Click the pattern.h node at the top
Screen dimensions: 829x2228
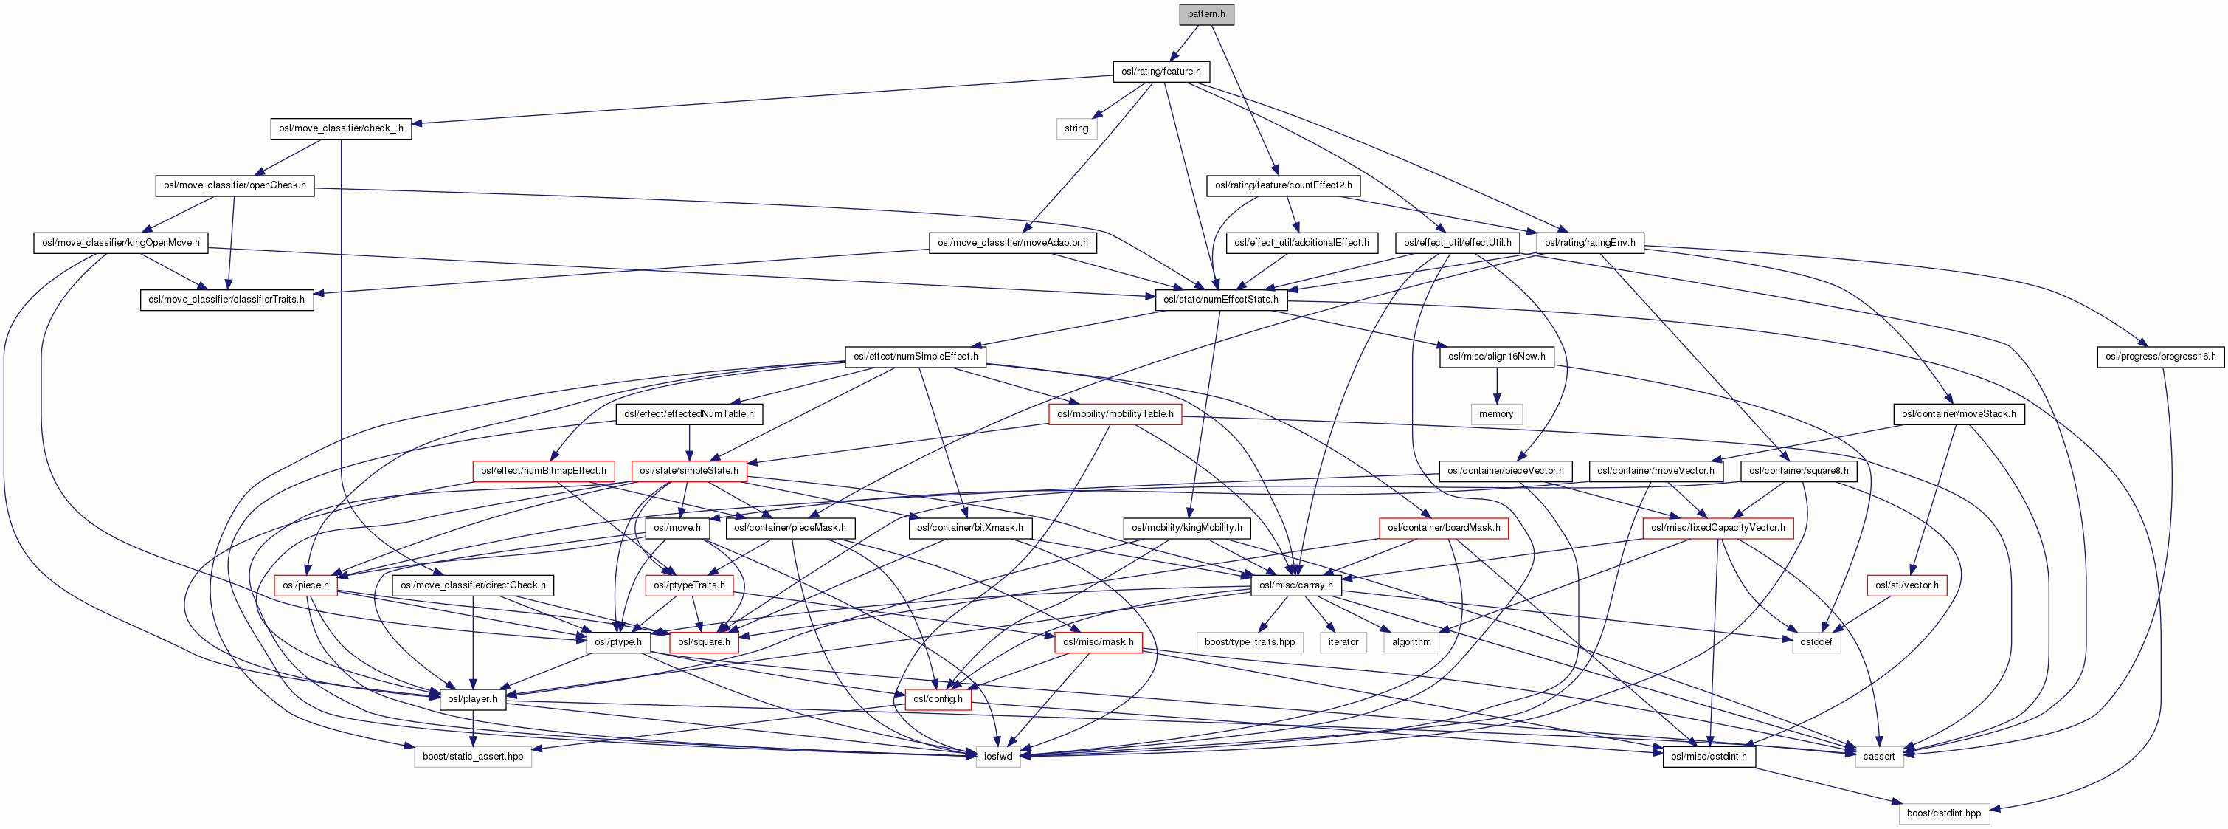click(1205, 14)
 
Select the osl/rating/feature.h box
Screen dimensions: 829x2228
click(1160, 71)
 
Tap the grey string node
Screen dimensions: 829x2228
click(1076, 128)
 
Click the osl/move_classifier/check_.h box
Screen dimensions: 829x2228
click(341, 128)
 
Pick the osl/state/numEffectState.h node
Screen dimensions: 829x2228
click(1220, 300)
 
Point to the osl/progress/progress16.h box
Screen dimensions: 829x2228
click(2159, 357)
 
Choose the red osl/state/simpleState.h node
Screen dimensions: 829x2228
click(688, 471)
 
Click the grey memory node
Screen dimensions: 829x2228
click(1495, 413)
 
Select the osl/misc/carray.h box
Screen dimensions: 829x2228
click(1295, 585)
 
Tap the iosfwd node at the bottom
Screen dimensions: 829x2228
click(997, 757)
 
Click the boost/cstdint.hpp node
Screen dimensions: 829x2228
click(1943, 813)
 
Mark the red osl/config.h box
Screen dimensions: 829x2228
click(938, 699)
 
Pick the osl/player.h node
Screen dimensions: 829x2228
click(472, 699)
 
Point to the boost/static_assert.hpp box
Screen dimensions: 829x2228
click(472, 757)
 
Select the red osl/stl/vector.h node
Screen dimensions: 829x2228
click(1906, 585)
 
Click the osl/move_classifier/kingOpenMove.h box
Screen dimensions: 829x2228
click(121, 242)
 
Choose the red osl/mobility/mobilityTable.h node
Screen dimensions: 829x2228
click(1115, 413)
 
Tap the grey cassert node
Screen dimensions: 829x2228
click(1878, 757)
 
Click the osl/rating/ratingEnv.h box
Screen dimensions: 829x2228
click(1590, 242)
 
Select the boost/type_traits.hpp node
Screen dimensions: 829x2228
click(1249, 642)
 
